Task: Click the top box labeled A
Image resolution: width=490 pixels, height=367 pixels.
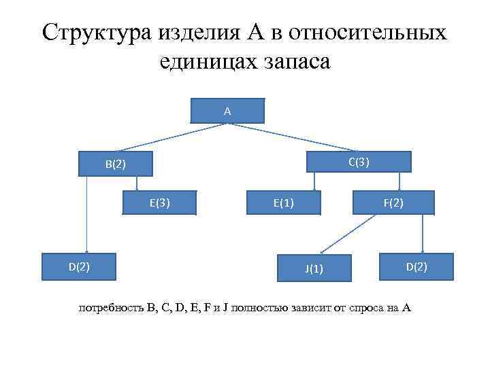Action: coord(227,111)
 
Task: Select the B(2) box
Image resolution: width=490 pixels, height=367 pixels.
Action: coord(115,164)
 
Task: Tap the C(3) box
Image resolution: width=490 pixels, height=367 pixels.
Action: coord(359,162)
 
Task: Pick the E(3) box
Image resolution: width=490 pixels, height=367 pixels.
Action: coord(159,202)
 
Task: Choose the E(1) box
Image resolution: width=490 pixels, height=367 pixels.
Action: coord(283,202)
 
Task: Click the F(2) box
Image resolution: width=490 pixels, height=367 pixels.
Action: coord(393,202)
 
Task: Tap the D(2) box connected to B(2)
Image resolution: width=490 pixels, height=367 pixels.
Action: coord(78,266)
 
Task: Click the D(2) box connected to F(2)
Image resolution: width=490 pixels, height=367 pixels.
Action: coord(416,266)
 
